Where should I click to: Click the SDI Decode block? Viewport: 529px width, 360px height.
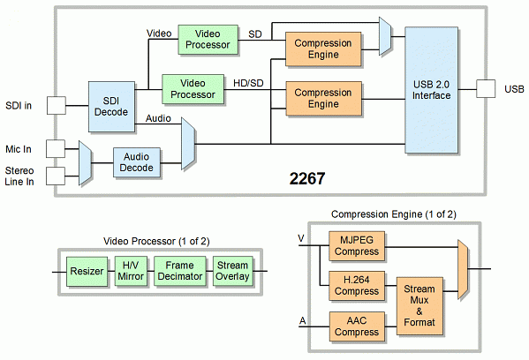click(110, 106)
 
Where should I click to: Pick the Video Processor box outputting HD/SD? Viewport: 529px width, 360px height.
click(193, 87)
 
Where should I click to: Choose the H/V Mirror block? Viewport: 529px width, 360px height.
click(131, 271)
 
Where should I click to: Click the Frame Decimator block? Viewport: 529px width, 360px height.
click(179, 271)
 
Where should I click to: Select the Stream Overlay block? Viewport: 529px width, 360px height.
click(231, 271)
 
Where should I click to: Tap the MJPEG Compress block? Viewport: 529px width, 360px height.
click(357, 245)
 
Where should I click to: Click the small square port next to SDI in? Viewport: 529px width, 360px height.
click(56, 106)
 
